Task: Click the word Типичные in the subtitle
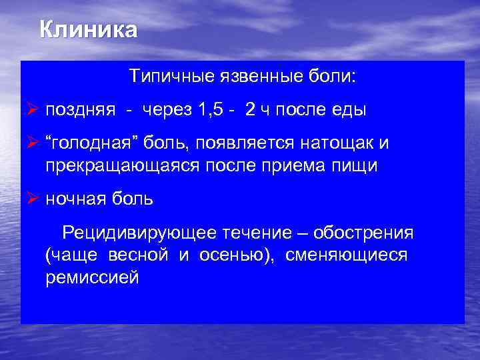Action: click(x=171, y=77)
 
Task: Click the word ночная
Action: click(x=75, y=199)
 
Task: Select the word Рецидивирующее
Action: click(x=139, y=233)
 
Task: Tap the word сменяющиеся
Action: click(x=347, y=255)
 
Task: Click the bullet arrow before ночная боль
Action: click(x=32, y=198)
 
